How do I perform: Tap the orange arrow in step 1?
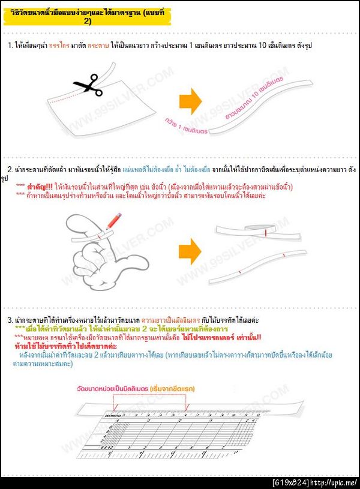(190, 101)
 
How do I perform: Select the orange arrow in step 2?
(190, 250)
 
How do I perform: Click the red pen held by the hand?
(110, 221)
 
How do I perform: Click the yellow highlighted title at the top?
(84, 17)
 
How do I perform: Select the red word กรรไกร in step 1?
(76, 46)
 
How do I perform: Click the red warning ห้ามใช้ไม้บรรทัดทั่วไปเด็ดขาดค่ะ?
(65, 347)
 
